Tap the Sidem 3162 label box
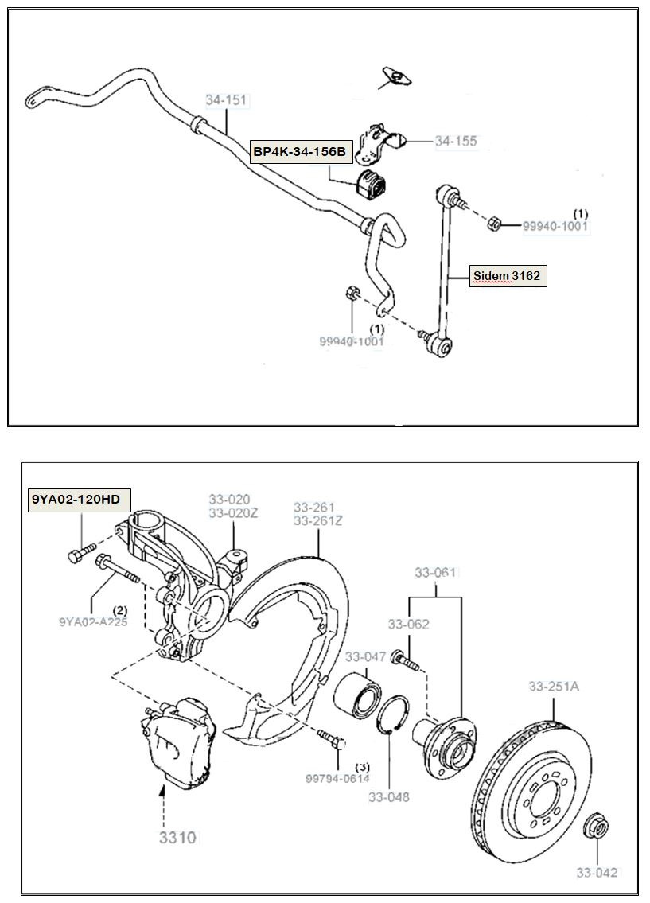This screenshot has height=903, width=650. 508,276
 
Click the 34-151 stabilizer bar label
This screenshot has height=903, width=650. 227,100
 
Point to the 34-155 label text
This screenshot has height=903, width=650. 455,141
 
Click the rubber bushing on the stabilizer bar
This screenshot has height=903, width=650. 371,183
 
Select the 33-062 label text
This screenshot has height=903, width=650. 408,624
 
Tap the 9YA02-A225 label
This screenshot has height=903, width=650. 92,622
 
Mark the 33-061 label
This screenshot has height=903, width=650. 435,572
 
